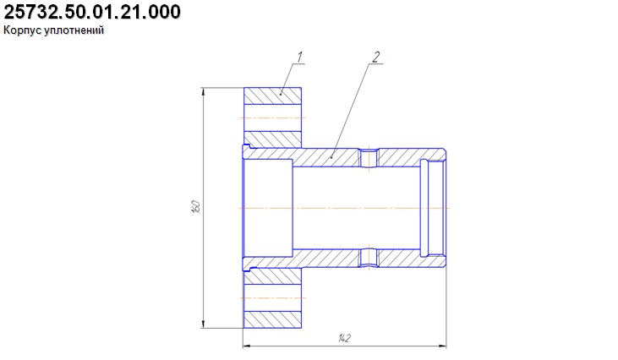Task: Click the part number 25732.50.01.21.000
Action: tap(92, 12)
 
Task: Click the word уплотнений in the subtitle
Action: tap(74, 30)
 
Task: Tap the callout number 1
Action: tap(299, 57)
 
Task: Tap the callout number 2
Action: tap(376, 57)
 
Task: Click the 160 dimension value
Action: tap(196, 207)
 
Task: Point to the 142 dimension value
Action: tap(344, 338)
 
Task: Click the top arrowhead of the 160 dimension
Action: tap(204, 91)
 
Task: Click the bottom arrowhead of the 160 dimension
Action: tap(204, 324)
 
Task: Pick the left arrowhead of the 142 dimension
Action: tap(247, 346)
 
